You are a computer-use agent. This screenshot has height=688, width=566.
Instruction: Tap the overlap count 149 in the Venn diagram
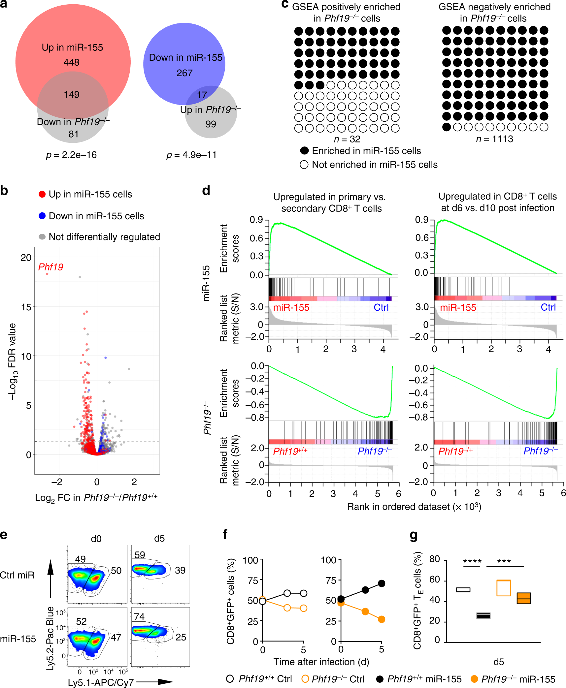[72, 95]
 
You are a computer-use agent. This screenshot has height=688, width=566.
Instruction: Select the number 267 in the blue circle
[184, 73]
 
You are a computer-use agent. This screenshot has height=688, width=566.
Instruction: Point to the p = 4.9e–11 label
[191, 155]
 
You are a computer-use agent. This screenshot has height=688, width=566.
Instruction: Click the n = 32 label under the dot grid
[347, 139]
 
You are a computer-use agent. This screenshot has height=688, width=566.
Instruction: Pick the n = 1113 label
[494, 139]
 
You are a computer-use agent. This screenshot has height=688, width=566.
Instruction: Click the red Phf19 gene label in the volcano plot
[50, 267]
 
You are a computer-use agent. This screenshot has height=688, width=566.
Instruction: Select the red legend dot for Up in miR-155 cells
[42, 194]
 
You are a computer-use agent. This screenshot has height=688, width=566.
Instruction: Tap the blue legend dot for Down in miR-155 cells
[42, 216]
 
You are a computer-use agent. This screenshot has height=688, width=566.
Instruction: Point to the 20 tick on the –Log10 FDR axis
[26, 258]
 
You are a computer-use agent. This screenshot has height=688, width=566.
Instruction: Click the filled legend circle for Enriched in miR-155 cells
[304, 151]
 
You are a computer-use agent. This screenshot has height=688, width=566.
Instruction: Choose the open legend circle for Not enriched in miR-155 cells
[304, 165]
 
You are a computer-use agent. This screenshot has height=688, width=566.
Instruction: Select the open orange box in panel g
[503, 588]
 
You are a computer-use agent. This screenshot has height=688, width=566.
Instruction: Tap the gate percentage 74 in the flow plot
[139, 616]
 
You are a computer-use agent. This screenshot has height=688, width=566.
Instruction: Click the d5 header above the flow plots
[159, 539]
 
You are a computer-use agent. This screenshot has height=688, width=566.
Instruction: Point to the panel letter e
[4, 535]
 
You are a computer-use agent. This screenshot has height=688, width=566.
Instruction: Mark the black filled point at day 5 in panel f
[382, 583]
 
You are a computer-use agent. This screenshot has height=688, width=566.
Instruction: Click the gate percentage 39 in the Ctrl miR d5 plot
[180, 570]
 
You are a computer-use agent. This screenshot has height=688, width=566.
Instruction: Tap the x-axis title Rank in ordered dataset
[414, 507]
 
